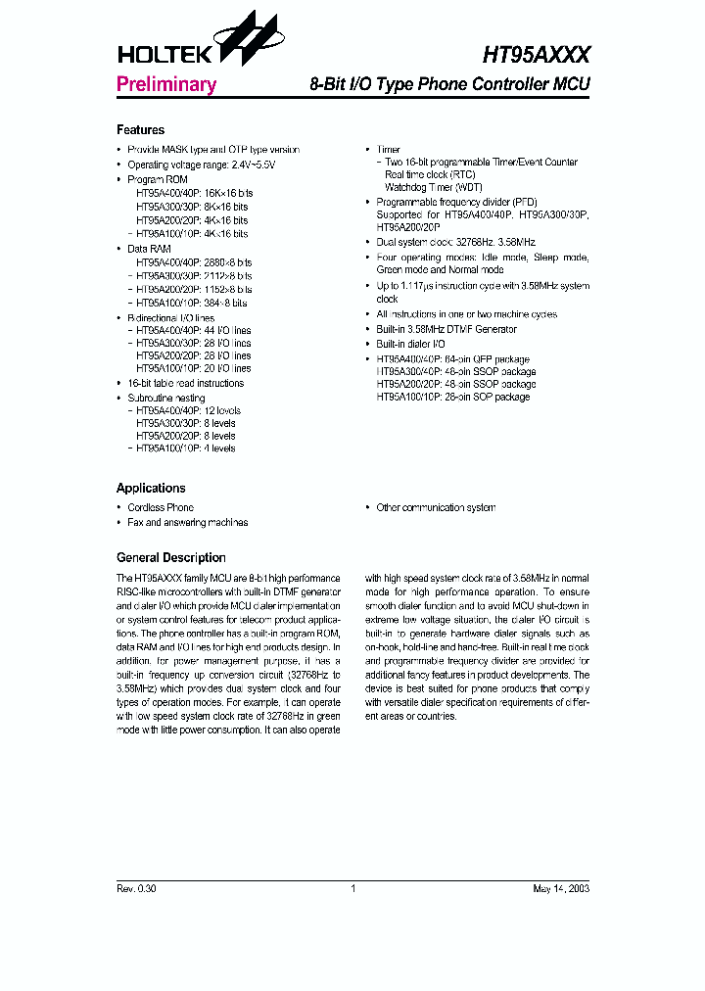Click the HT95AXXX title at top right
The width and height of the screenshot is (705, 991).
(536, 56)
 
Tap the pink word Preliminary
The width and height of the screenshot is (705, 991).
(165, 84)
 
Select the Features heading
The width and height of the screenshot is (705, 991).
(140, 130)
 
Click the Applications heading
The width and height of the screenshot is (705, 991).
(151, 488)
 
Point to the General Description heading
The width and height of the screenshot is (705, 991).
(170, 557)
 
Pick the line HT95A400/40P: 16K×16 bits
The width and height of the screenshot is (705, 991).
(192, 195)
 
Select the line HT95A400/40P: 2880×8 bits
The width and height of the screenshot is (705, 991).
(194, 263)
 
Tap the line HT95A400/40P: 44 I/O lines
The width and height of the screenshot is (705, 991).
(193, 331)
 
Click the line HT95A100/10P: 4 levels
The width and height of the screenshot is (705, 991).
(186, 448)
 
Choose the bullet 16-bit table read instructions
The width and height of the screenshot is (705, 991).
(186, 384)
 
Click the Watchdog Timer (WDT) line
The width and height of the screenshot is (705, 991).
(419, 187)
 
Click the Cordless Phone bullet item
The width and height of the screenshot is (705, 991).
(161, 507)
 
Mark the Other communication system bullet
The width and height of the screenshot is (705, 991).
(436, 507)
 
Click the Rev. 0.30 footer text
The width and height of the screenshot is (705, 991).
(136, 889)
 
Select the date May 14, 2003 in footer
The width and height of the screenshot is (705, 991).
(561, 889)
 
